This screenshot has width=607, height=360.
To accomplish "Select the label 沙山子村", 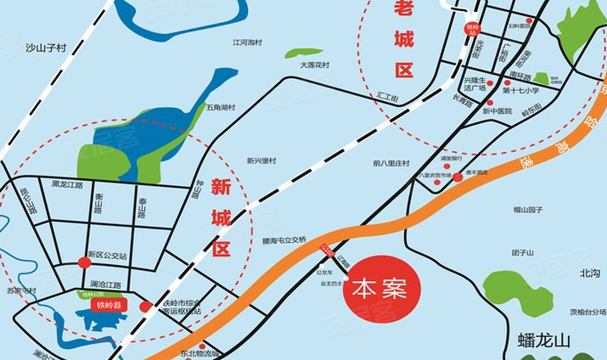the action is pos(46,48).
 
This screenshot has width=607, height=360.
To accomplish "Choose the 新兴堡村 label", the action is pos(261,160).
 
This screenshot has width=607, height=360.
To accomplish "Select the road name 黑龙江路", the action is pos(67,184).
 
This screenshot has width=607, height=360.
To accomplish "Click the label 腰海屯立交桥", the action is pos(284,239).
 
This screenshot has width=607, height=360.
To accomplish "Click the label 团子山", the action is pos(523,253).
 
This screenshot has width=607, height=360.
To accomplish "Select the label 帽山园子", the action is pos(527,208).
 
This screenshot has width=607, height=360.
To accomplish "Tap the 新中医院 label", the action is pos(498,111).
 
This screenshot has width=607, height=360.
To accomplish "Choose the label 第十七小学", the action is pos(520,90).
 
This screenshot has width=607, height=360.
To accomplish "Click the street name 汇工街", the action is pos(388,98).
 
